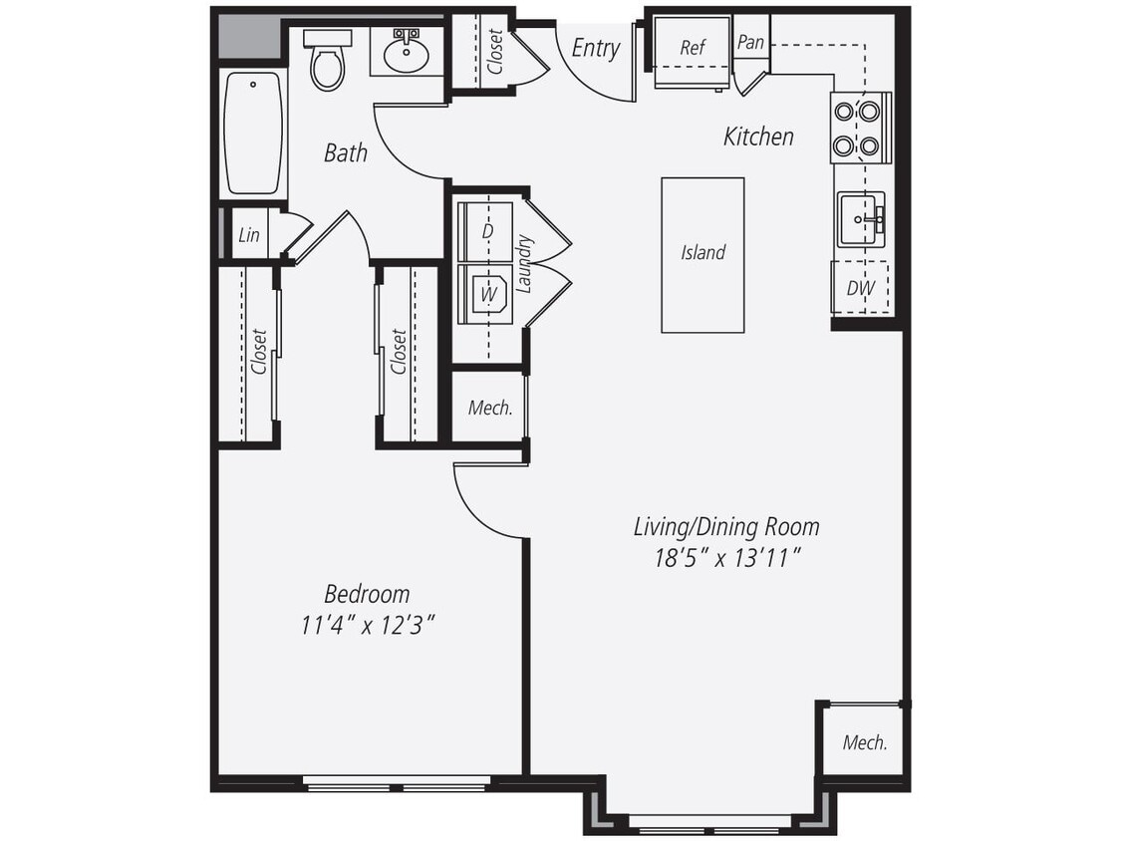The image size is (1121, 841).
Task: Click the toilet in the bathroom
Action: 326,62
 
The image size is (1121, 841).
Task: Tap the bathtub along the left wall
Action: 253,133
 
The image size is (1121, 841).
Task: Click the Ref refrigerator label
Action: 693,48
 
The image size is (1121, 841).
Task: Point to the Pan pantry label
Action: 750,43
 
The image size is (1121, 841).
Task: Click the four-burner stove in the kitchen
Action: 858,129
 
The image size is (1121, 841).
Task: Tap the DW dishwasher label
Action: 860,288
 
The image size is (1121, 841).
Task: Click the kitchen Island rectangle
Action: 702,254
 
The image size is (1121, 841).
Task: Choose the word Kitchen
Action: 758,137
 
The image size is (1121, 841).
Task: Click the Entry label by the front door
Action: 595,48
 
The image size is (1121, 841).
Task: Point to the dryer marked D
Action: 487,231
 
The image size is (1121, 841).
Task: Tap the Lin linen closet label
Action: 249,235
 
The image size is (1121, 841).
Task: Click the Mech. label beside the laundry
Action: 490,408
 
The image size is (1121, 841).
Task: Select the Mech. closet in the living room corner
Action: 864,742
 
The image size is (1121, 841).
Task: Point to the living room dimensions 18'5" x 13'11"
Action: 727,558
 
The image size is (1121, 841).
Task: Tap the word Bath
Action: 346,152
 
